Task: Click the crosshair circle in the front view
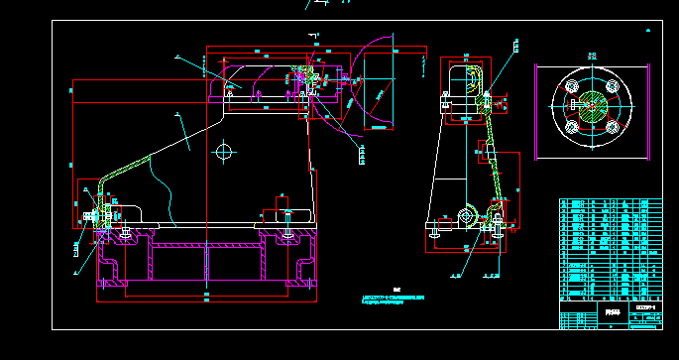[225, 152]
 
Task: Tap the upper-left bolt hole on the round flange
[572, 87]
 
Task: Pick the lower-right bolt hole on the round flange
[613, 127]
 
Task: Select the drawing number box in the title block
[645, 308]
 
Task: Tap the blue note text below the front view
[394, 299]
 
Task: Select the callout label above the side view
[515, 46]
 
